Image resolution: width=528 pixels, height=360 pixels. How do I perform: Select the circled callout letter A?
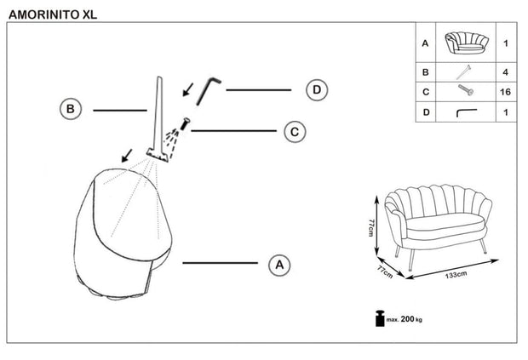point(278,265)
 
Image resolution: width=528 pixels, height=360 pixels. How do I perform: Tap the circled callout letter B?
point(71,109)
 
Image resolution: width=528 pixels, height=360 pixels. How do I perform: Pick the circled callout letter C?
point(293,131)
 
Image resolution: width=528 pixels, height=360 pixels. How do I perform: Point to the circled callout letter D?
point(317,89)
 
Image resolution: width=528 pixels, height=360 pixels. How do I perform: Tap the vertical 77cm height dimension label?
point(372,228)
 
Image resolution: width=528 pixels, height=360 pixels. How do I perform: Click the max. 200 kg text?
point(405,321)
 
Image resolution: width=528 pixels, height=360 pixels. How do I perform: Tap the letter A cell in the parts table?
point(425,43)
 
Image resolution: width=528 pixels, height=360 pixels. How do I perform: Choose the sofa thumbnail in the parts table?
point(465,42)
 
